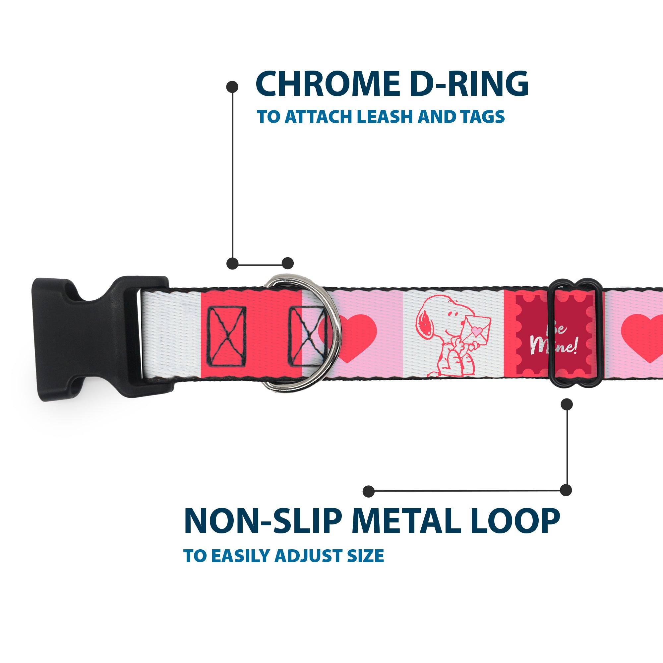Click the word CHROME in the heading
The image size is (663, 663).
click(x=328, y=84)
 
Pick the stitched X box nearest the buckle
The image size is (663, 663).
click(x=227, y=336)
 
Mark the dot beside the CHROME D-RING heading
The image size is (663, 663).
click(x=232, y=87)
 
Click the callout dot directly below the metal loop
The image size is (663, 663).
click(x=567, y=404)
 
